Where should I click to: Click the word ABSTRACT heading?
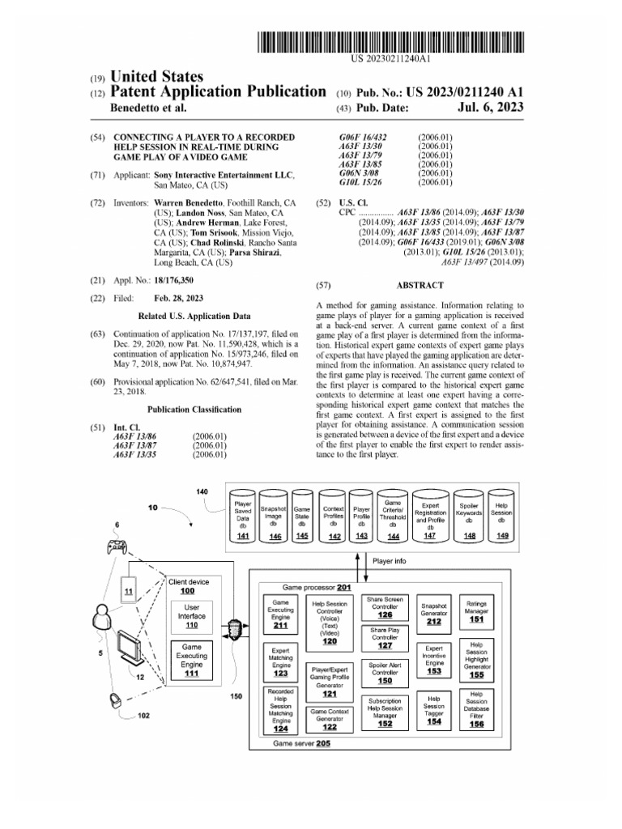(x=420, y=285)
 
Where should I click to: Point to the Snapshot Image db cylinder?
(x=275, y=515)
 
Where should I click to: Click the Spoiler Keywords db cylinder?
(x=469, y=515)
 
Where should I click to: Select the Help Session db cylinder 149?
(x=503, y=515)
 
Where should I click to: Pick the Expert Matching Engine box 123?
(x=281, y=661)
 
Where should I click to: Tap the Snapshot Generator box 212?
(x=434, y=612)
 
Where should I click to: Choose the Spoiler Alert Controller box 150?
(x=385, y=671)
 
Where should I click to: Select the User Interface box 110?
(x=192, y=617)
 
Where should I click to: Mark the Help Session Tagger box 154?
(x=434, y=710)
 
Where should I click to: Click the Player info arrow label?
(x=390, y=560)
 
